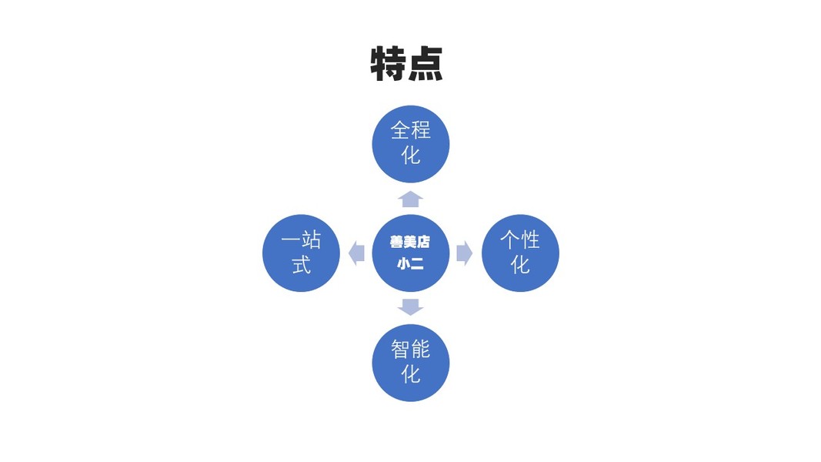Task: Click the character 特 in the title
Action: pos(389,64)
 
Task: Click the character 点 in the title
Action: pos(426,64)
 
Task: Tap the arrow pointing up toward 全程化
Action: pos(411,199)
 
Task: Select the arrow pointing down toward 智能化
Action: pos(411,306)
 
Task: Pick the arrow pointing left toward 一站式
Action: pos(356,253)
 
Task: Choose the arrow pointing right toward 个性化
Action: pos(464,253)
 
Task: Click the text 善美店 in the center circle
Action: pos(410,242)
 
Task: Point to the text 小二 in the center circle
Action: pos(410,263)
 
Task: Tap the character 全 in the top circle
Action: pos(400,130)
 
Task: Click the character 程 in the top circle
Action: pos(421,130)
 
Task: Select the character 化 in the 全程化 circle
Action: pos(411,155)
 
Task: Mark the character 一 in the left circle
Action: pos(290,239)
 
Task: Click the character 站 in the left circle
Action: pos(311,239)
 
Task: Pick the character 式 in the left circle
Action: pos(301,264)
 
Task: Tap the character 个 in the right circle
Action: pos(509,239)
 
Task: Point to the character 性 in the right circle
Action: pos(530,239)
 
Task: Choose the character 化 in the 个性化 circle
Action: pos(520,264)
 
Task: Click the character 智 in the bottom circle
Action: pos(400,349)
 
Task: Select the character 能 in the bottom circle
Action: pos(421,349)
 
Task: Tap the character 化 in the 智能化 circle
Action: pos(411,373)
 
